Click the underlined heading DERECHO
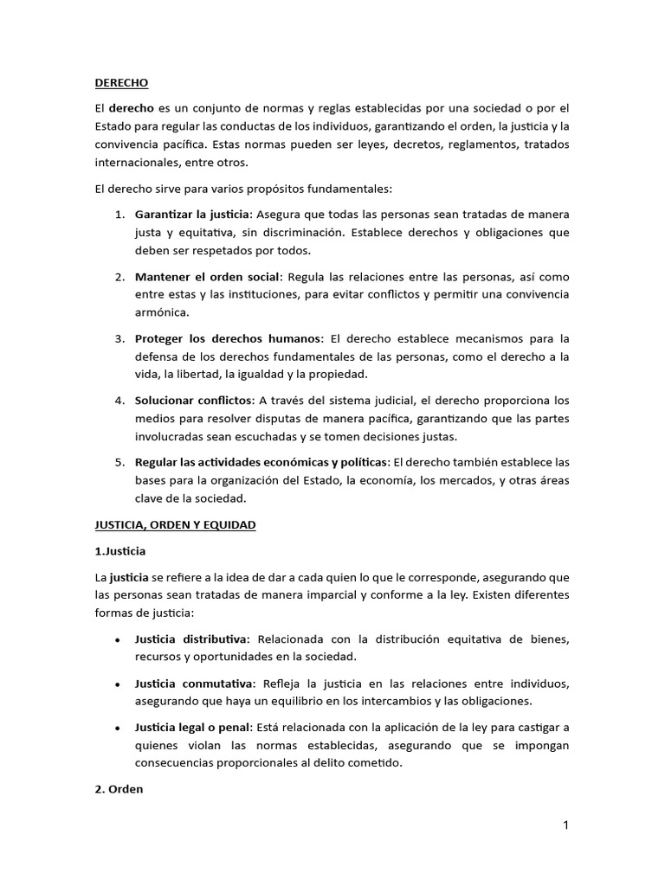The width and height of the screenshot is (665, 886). coord(121,83)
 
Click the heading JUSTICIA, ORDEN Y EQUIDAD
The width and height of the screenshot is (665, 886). coord(174,525)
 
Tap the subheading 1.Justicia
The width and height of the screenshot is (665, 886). coord(119,550)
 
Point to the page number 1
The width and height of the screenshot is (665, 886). coord(565,825)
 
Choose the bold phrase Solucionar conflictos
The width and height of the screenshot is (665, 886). coord(193,401)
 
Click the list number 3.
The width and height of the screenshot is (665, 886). coord(120,338)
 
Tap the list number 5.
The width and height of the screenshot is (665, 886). coord(120,463)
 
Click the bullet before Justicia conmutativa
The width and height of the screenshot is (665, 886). coord(117,684)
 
